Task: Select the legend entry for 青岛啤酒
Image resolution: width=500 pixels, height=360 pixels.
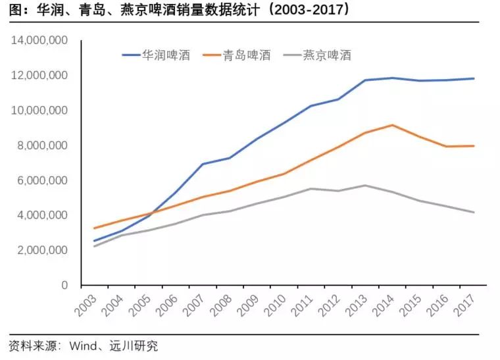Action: (246, 55)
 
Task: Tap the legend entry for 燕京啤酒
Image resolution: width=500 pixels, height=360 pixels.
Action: (326, 55)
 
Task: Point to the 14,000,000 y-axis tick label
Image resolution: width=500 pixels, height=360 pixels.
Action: (40, 41)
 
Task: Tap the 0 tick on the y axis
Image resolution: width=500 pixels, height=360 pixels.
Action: (64, 286)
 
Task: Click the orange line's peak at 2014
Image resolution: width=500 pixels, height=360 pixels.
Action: (392, 125)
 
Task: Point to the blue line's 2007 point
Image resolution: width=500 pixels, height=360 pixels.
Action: (201, 164)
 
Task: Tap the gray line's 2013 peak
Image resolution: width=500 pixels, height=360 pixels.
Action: (364, 186)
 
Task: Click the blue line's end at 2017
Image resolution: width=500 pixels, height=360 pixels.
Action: (474, 79)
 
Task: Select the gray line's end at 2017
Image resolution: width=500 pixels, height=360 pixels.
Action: (474, 212)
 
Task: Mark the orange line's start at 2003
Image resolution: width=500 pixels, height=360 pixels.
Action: (95, 228)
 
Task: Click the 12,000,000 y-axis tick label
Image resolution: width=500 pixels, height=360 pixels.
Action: (40, 76)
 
